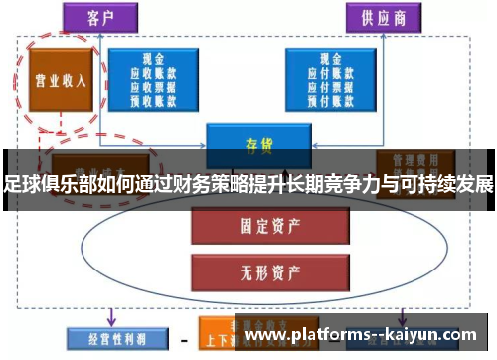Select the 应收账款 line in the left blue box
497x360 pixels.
tap(153, 73)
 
